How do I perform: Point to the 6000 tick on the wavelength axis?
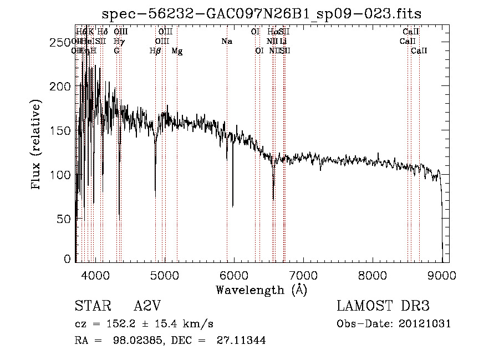[233, 275]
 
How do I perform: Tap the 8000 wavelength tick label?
[372, 275]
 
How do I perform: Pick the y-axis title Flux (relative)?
[37, 145]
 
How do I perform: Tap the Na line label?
[226, 42]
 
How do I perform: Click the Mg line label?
[177, 51]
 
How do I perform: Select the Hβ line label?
[155, 51]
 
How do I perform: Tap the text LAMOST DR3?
[383, 306]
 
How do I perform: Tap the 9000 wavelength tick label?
[441, 275]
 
